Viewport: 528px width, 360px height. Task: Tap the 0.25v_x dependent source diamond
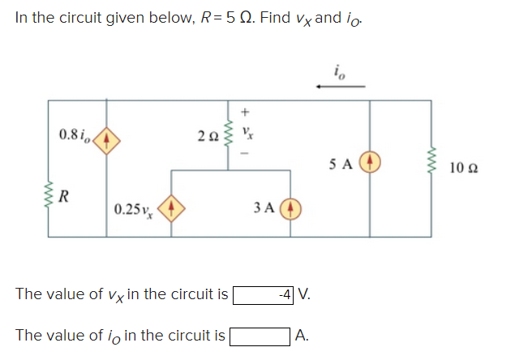(171, 211)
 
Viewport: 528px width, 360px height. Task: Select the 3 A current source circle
(292, 211)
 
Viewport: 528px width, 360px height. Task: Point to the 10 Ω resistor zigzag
(430, 166)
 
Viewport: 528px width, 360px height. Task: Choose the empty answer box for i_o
(260, 333)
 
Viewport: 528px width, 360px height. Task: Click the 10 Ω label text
(466, 168)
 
